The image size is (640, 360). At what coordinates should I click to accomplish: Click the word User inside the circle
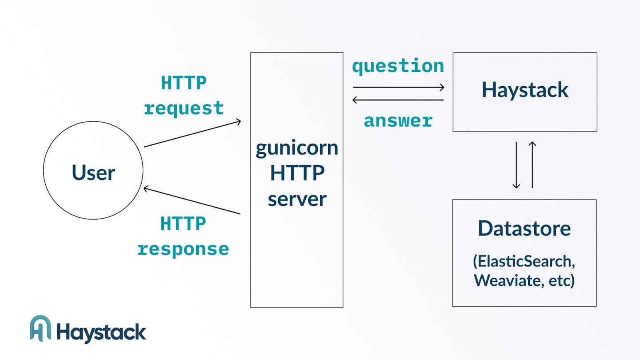click(93, 172)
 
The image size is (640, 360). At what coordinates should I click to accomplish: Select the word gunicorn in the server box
click(297, 148)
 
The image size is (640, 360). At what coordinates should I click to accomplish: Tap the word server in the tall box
click(297, 199)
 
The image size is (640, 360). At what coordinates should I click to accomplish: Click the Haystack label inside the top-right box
click(525, 90)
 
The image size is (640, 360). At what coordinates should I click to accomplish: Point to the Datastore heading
click(524, 228)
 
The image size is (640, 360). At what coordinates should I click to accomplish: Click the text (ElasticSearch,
click(524, 261)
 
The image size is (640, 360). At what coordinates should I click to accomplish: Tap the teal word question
click(398, 66)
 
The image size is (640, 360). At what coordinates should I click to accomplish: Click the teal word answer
click(398, 121)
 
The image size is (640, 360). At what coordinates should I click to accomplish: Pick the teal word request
click(184, 109)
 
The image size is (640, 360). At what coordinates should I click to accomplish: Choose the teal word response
click(183, 250)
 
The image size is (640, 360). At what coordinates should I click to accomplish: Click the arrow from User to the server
click(192, 134)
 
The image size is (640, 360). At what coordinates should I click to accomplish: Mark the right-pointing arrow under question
click(399, 87)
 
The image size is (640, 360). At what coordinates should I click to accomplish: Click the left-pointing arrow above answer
click(398, 100)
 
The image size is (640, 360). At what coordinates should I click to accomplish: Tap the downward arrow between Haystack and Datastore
click(516, 165)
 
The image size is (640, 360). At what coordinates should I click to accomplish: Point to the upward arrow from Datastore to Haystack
click(532, 165)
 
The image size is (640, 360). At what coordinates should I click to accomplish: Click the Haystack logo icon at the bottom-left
click(40, 328)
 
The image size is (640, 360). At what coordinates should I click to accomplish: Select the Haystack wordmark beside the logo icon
click(101, 333)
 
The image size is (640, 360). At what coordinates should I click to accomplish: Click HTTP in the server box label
click(297, 173)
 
